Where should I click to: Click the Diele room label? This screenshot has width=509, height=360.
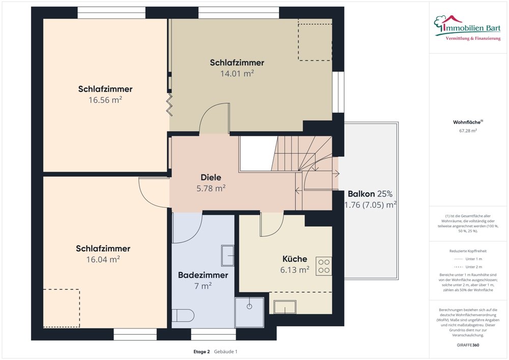211,177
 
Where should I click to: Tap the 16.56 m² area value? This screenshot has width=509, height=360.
105,100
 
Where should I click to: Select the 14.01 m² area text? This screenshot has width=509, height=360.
237,73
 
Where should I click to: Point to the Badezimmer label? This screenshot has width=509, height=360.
203,275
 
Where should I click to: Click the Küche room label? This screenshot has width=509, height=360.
295,259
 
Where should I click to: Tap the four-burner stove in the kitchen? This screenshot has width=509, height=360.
324,266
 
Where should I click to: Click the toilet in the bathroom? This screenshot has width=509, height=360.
183,316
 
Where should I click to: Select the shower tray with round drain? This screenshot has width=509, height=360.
249,312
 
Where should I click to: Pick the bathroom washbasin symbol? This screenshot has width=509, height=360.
228,256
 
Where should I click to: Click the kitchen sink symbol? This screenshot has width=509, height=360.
285,307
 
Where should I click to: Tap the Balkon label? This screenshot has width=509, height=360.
361,194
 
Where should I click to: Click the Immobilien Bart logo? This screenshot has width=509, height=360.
467,28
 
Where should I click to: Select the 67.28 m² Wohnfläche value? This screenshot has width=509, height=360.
468,131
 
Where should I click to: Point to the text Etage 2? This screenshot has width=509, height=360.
202,351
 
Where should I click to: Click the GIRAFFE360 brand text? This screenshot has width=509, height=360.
468,345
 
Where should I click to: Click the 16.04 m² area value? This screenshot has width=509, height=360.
103,259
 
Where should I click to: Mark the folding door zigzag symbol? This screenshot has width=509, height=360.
169,104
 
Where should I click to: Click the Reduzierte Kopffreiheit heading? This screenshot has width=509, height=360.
468,251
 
